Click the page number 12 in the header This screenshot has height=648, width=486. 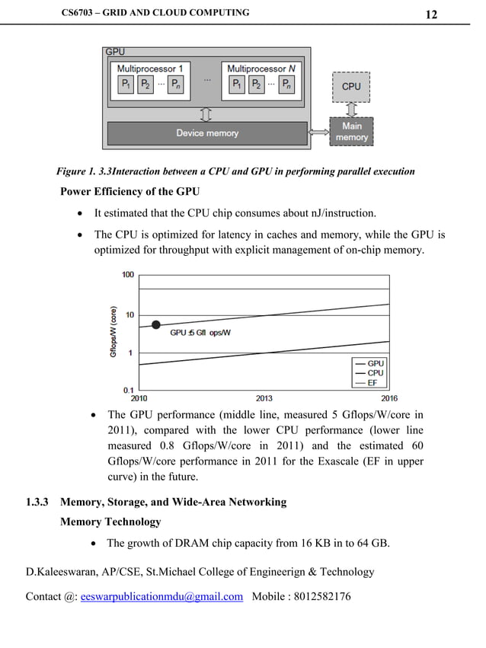(x=431, y=14)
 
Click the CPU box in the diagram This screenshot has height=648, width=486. (x=350, y=87)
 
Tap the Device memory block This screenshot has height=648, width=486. (x=207, y=133)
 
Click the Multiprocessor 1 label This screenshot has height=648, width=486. (x=150, y=69)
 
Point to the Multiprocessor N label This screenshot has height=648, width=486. (x=261, y=69)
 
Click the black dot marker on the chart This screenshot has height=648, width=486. (x=156, y=324)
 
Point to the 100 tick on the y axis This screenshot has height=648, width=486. (x=127, y=275)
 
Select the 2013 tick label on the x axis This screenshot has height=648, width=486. (x=264, y=398)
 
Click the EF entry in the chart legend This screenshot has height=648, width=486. (x=372, y=383)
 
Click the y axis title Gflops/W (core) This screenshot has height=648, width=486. (x=114, y=331)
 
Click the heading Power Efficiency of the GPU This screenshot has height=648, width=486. (x=129, y=191)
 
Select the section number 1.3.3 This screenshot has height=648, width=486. (x=37, y=502)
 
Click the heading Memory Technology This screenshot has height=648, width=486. (x=110, y=522)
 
